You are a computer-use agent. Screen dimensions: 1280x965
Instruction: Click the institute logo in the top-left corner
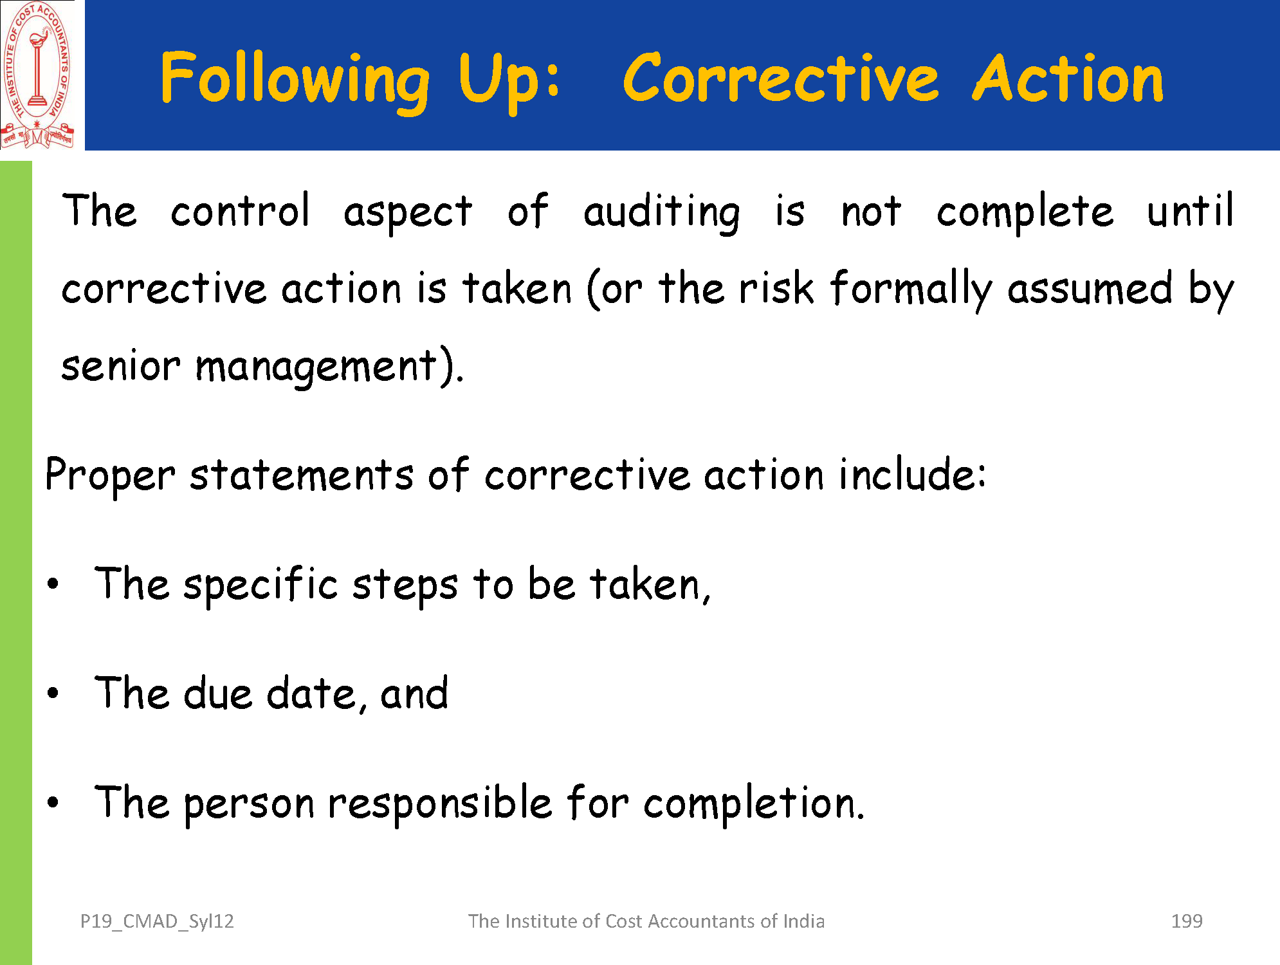coord(37,75)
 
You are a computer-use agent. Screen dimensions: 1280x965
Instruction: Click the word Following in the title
coord(295,80)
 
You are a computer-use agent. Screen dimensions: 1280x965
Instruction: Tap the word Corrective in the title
coord(781,78)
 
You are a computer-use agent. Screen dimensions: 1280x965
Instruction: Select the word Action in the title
coord(1068,78)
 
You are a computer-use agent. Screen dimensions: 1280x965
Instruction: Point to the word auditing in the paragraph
coord(662,212)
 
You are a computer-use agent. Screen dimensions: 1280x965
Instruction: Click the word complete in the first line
coord(1025,213)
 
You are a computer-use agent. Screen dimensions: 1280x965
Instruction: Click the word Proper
coord(110,477)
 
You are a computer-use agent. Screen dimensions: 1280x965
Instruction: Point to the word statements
coord(302,476)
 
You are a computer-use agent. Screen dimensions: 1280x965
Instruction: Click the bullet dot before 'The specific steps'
coord(53,584)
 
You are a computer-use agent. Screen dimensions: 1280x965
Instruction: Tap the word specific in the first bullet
coord(261,585)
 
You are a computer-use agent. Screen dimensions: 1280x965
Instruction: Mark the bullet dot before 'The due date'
coord(53,694)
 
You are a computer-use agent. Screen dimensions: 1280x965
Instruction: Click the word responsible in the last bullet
coord(441,804)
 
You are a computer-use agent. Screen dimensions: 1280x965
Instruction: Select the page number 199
coord(1187,921)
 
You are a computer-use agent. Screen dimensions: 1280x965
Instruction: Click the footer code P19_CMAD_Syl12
coord(157,922)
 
